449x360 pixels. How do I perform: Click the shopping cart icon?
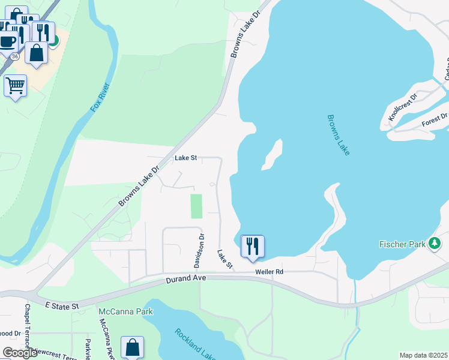15,85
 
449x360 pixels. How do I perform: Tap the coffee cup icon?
7,41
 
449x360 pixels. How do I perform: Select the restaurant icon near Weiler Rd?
252,245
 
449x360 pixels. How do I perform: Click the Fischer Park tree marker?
435,244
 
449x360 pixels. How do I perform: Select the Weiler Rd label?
268,272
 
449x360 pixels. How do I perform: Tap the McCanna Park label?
125,311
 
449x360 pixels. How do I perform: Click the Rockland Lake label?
195,344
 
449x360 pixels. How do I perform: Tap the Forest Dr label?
435,119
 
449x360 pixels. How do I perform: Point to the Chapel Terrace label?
27,327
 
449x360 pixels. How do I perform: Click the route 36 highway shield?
14,56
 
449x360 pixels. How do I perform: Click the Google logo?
20,353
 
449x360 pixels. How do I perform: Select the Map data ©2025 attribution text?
423,355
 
